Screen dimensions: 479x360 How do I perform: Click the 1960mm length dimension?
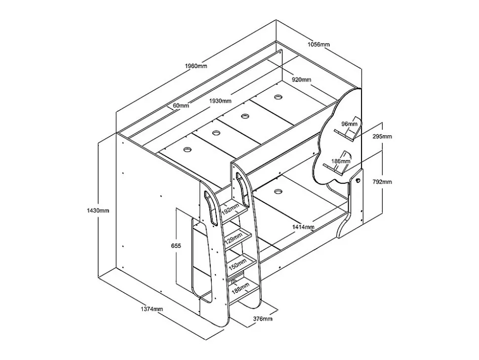[196, 66]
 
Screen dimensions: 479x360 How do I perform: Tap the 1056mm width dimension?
[319, 44]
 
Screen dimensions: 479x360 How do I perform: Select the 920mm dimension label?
[302, 80]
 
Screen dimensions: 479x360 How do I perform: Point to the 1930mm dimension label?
[220, 101]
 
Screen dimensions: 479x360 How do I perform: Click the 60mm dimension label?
[181, 106]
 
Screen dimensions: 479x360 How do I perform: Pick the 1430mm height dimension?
[98, 210]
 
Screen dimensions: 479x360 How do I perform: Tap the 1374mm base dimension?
[152, 309]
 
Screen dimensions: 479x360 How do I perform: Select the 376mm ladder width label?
[263, 319]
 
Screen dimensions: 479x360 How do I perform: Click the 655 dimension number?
[176, 246]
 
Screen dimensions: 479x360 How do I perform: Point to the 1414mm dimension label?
[303, 227]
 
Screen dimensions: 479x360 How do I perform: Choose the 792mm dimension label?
[382, 182]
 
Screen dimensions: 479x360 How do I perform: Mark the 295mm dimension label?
[382, 137]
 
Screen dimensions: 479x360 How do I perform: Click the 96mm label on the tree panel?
[350, 124]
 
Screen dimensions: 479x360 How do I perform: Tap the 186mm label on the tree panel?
[341, 161]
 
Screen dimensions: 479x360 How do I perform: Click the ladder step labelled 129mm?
[238, 237]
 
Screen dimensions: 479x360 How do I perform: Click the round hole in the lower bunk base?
[278, 192]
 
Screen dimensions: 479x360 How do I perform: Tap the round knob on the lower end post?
[358, 180]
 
